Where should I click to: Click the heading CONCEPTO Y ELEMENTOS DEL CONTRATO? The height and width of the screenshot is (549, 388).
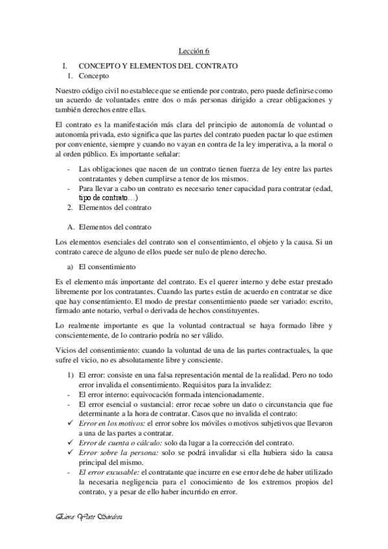tap(159, 65)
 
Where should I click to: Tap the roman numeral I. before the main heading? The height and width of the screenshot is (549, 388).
tap(63, 65)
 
